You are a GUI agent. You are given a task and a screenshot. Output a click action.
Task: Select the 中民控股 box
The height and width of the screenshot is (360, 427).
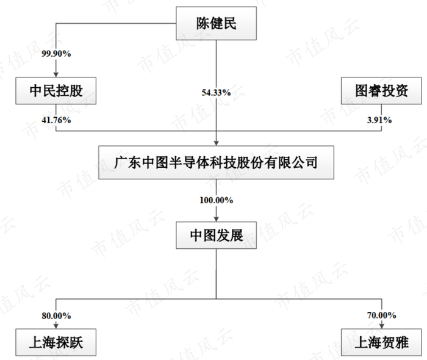[x=56, y=92]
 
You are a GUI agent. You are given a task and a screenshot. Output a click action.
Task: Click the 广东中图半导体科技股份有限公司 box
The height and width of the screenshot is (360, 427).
[x=216, y=162]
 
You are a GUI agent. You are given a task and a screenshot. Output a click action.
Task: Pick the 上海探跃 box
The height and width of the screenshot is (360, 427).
[x=56, y=344]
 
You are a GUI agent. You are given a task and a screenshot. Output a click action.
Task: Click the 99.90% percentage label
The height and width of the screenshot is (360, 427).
[x=56, y=54]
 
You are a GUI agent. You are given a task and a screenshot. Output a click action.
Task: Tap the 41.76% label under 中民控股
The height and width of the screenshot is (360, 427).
[x=56, y=120]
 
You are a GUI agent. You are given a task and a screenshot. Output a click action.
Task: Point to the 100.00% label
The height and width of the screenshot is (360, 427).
[x=216, y=200]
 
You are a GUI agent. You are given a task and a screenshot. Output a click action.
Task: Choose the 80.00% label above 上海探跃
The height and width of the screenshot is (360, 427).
[x=56, y=316]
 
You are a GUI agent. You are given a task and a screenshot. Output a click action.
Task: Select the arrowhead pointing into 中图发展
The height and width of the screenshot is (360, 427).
[x=216, y=218]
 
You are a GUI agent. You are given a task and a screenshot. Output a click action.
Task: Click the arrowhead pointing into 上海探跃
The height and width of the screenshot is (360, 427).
[x=56, y=328]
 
